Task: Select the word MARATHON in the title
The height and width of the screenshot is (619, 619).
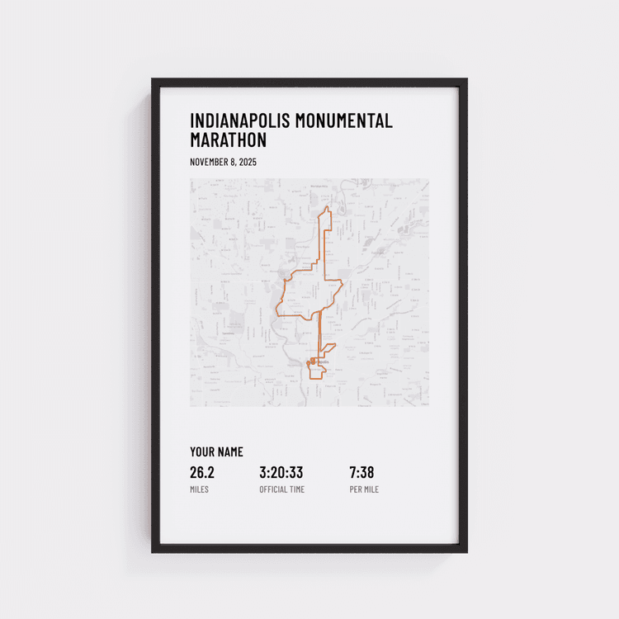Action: click(229, 140)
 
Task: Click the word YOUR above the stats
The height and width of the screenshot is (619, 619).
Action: click(201, 451)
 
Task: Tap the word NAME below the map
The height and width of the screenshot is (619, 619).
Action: click(230, 451)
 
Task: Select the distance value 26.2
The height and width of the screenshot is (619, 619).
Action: click(202, 473)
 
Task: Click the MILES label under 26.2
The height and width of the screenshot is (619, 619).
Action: click(199, 489)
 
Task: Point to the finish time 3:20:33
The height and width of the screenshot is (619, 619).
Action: click(281, 473)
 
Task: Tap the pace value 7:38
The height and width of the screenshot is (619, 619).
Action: click(361, 473)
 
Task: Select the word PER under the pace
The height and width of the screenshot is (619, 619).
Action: click(355, 489)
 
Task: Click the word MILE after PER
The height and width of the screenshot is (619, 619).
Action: click(371, 489)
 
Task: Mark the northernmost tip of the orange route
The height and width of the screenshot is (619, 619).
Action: click(327, 207)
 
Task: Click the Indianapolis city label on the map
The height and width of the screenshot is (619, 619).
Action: click(319, 361)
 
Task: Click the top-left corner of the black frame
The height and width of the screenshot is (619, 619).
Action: click(153, 80)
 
